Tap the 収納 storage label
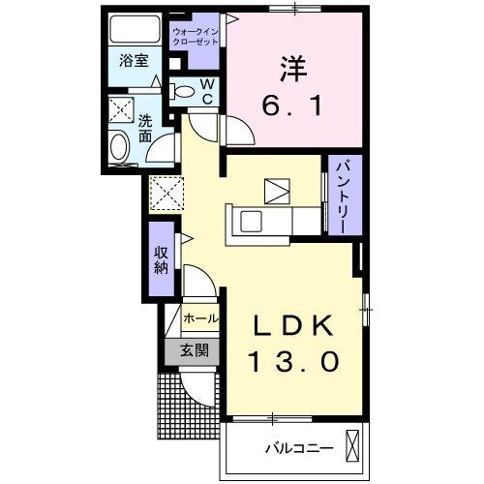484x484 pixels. (x=162, y=258)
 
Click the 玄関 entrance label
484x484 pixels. (x=193, y=351)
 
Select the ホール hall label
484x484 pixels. (x=200, y=318)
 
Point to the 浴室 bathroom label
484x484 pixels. (x=134, y=61)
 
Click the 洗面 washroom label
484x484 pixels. (x=144, y=129)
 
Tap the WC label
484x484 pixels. (x=207, y=91)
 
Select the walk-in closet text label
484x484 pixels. (x=197, y=38)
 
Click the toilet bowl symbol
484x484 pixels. (x=182, y=92)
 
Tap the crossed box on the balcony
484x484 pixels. (x=352, y=446)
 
